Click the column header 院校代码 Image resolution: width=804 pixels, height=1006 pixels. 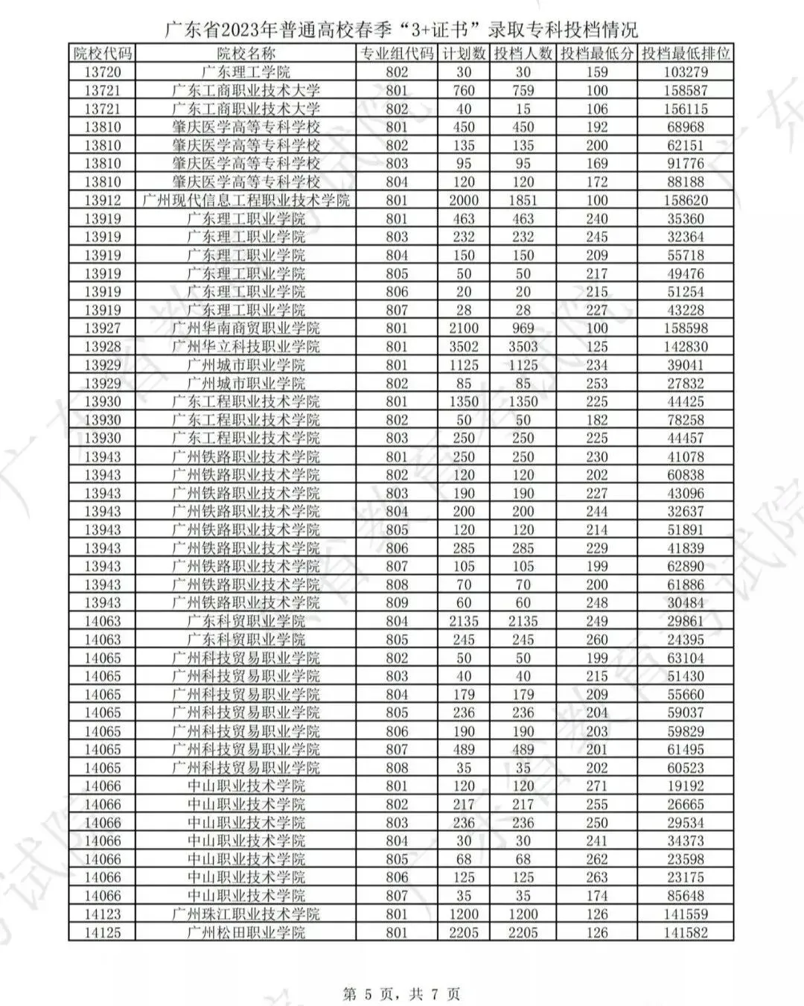103,54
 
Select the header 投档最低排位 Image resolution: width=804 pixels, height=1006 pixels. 686,54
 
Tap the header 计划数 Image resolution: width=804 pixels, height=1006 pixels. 464,54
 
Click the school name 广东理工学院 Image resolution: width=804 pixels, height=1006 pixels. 246,72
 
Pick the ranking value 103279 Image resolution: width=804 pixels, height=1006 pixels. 686,72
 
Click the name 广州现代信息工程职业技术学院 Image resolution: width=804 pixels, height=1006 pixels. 246,200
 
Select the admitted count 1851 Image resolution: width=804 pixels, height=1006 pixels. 523,200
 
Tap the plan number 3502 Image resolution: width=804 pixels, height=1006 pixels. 464,346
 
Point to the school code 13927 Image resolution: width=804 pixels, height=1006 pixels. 103,328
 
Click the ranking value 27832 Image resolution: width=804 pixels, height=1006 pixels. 686,383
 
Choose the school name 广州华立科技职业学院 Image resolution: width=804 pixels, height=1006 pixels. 246,346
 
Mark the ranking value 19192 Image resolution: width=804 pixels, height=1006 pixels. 686,786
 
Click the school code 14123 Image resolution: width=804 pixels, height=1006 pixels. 103,914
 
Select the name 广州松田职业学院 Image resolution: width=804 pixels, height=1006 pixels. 246,932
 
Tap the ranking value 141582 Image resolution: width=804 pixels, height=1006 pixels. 686,932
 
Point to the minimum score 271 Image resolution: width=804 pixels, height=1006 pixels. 596,786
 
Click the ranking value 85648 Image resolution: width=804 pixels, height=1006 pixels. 686,896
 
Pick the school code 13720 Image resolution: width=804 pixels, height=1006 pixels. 103,72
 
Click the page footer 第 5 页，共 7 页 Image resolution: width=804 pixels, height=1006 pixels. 401,993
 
